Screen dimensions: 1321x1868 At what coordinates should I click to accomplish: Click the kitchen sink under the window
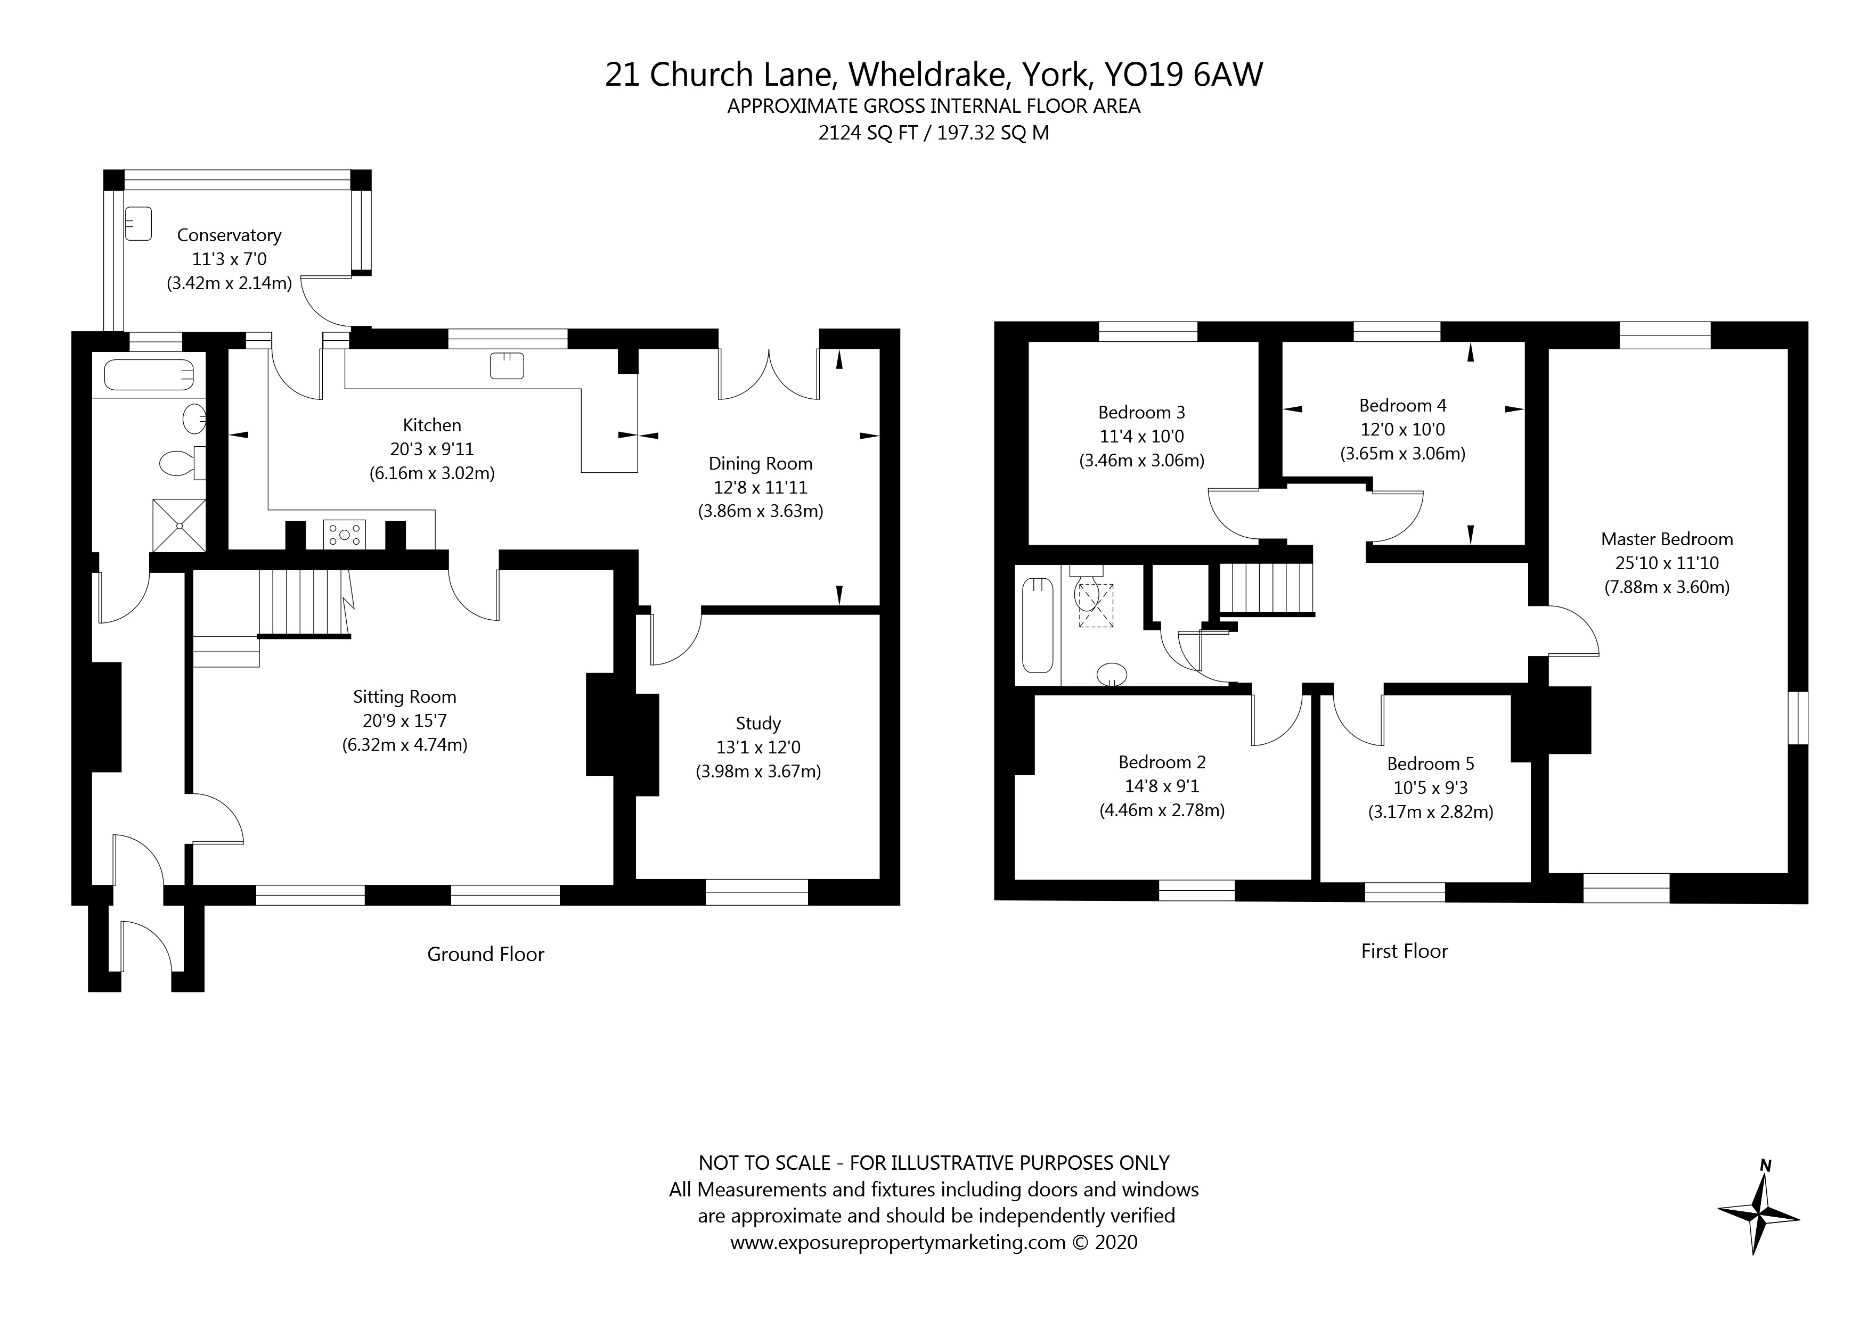pos(507,366)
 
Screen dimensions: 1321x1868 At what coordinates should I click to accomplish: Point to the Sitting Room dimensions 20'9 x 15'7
pos(404,721)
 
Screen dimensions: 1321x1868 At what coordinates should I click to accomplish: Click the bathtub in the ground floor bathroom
pos(149,374)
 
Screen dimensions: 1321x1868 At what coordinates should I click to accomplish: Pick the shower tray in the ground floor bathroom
pos(178,524)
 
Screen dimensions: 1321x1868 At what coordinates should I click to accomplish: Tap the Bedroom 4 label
pos(1402,405)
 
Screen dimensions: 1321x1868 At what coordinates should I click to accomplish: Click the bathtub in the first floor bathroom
pos(1037,625)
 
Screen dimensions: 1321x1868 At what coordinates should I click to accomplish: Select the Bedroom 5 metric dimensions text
pos(1430,812)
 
